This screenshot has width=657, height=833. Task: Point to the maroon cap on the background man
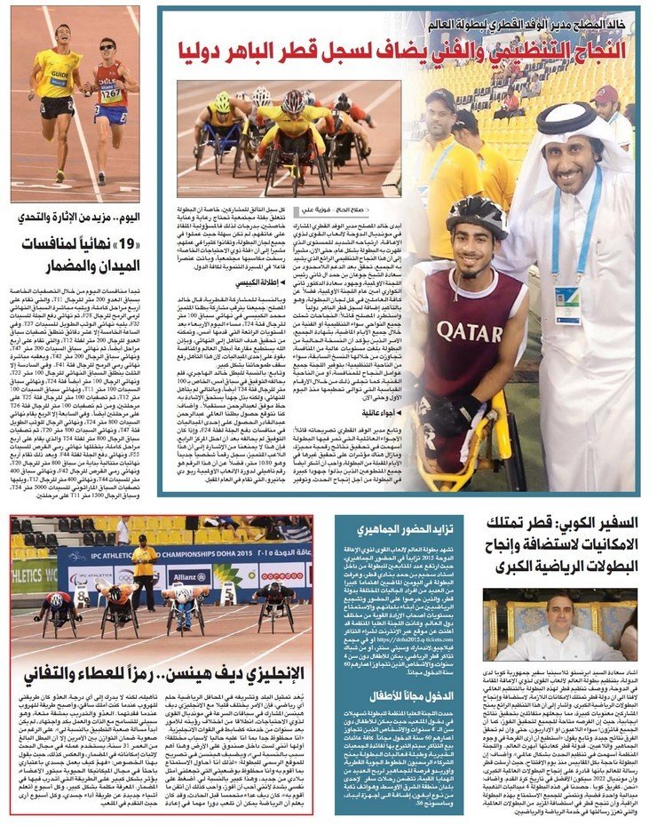click(607, 94)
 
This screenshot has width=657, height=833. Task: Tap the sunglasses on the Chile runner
click(107, 45)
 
